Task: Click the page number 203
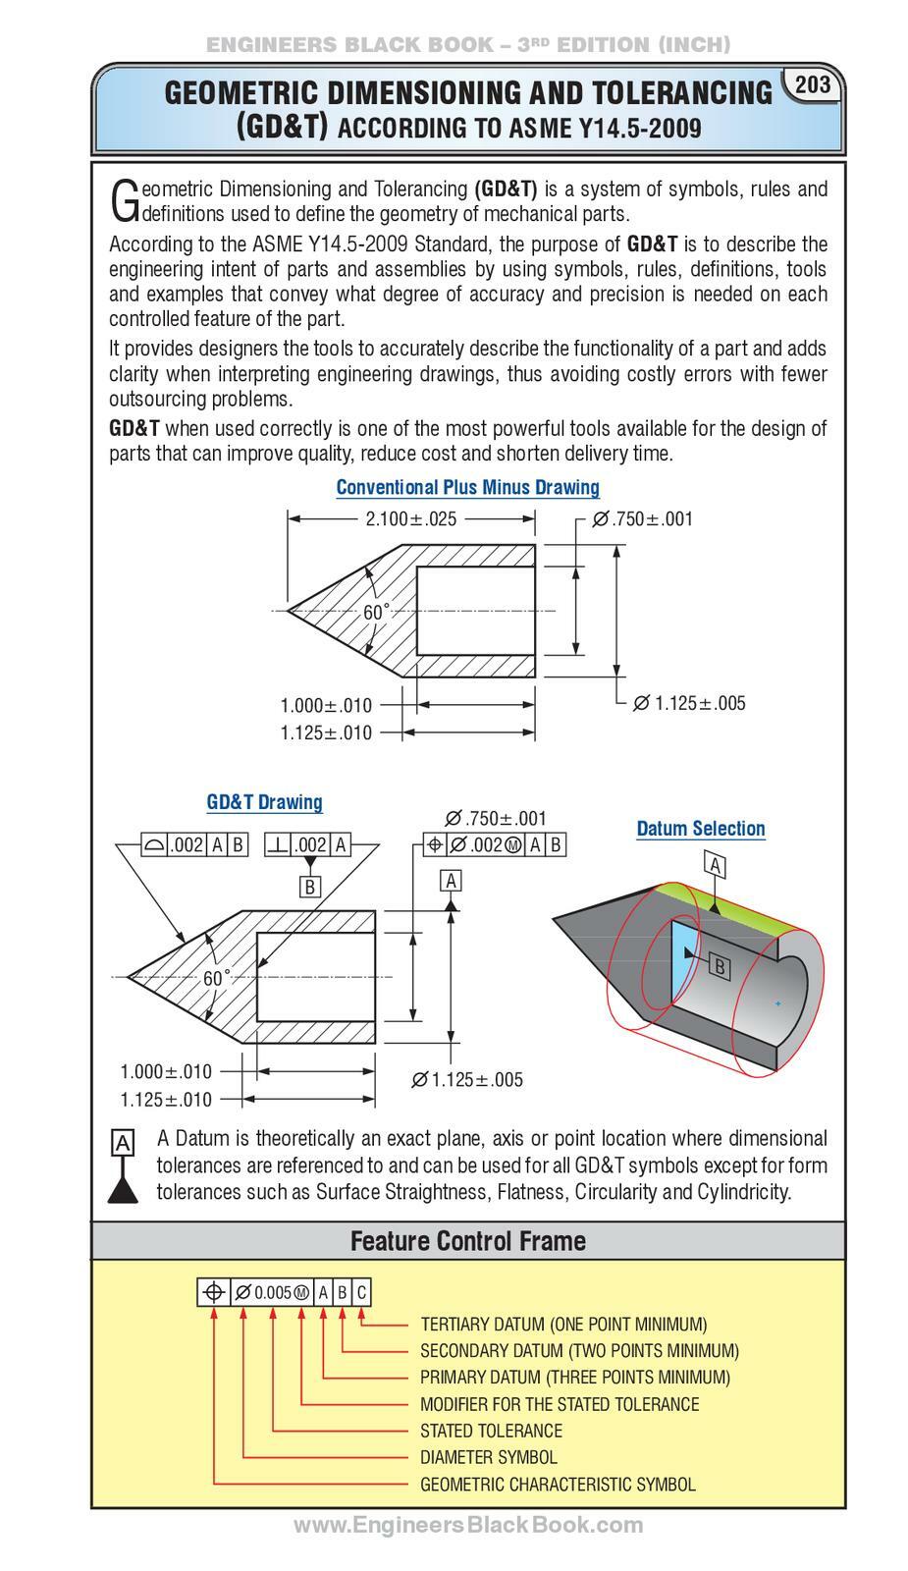point(812,84)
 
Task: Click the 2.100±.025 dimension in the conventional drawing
point(410,518)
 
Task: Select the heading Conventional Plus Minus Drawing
point(467,487)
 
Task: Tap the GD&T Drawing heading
point(264,801)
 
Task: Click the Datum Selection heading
point(700,828)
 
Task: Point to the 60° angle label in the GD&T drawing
point(216,978)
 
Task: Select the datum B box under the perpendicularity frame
point(310,887)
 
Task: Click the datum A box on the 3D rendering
point(716,865)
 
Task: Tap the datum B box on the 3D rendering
point(719,966)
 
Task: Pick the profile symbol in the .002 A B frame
point(155,843)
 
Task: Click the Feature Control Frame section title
point(467,1240)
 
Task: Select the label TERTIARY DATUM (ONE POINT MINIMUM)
point(562,1324)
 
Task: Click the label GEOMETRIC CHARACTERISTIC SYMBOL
point(557,1484)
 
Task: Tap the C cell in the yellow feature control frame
point(361,1292)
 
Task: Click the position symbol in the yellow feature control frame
point(212,1292)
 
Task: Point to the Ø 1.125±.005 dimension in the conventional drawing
point(688,703)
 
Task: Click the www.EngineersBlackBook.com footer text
point(468,1525)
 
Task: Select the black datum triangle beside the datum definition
point(122,1190)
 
